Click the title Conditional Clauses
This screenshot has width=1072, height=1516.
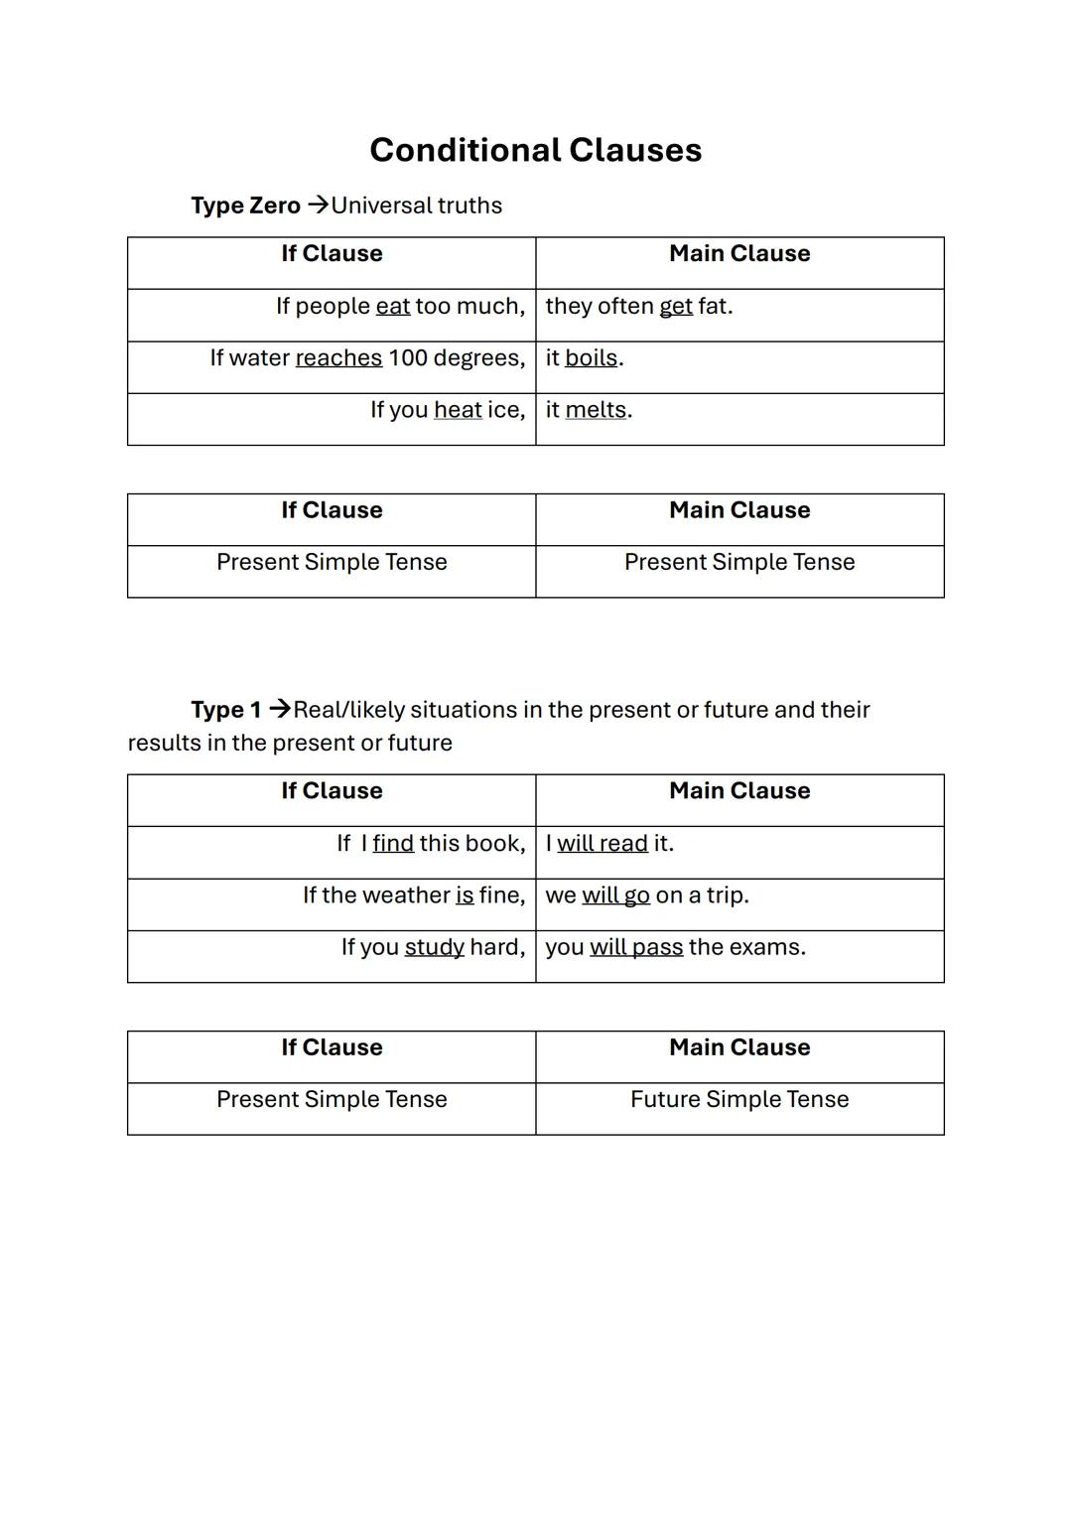click(x=535, y=150)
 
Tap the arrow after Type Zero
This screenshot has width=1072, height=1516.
click(x=318, y=205)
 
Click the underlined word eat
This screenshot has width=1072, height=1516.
click(x=393, y=306)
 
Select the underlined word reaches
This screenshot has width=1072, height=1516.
click(x=338, y=357)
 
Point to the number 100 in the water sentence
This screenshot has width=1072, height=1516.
click(x=408, y=357)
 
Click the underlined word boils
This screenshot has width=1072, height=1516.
click(x=591, y=357)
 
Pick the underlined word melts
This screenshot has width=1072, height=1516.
click(x=596, y=409)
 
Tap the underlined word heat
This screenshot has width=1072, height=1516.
click(x=458, y=409)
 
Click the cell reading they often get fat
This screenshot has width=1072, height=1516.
click(x=639, y=306)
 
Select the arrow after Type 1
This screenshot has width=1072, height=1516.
click(x=280, y=709)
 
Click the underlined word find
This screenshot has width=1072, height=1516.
click(x=393, y=843)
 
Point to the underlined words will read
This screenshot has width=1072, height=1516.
click(x=602, y=843)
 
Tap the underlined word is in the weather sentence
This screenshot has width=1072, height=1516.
click(x=465, y=895)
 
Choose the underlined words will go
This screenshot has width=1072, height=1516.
click(x=615, y=895)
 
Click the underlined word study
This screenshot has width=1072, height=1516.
click(x=434, y=946)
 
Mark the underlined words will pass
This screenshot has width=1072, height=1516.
click(x=636, y=946)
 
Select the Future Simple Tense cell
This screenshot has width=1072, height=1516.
click(x=739, y=1099)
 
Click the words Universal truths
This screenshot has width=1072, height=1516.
click(x=417, y=206)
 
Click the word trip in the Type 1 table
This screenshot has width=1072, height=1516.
click(x=726, y=895)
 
